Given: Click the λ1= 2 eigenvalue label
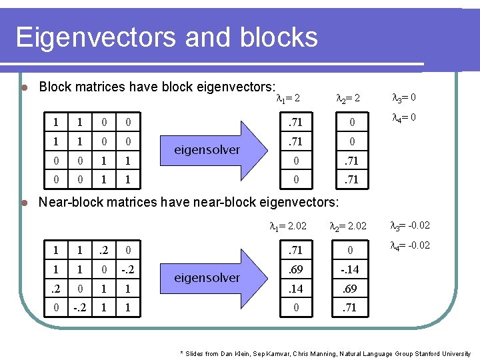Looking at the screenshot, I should tap(288, 99).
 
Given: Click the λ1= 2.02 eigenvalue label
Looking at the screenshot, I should tap(288, 226).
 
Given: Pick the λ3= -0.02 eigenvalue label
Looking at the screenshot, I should tap(410, 225).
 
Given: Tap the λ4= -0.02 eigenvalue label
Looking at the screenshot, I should tap(410, 245).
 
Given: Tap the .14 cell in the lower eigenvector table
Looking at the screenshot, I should tap(292, 288).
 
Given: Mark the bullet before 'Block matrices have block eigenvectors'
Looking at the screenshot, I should tap(23, 87).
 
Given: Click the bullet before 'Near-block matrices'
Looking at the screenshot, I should tap(23, 202).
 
